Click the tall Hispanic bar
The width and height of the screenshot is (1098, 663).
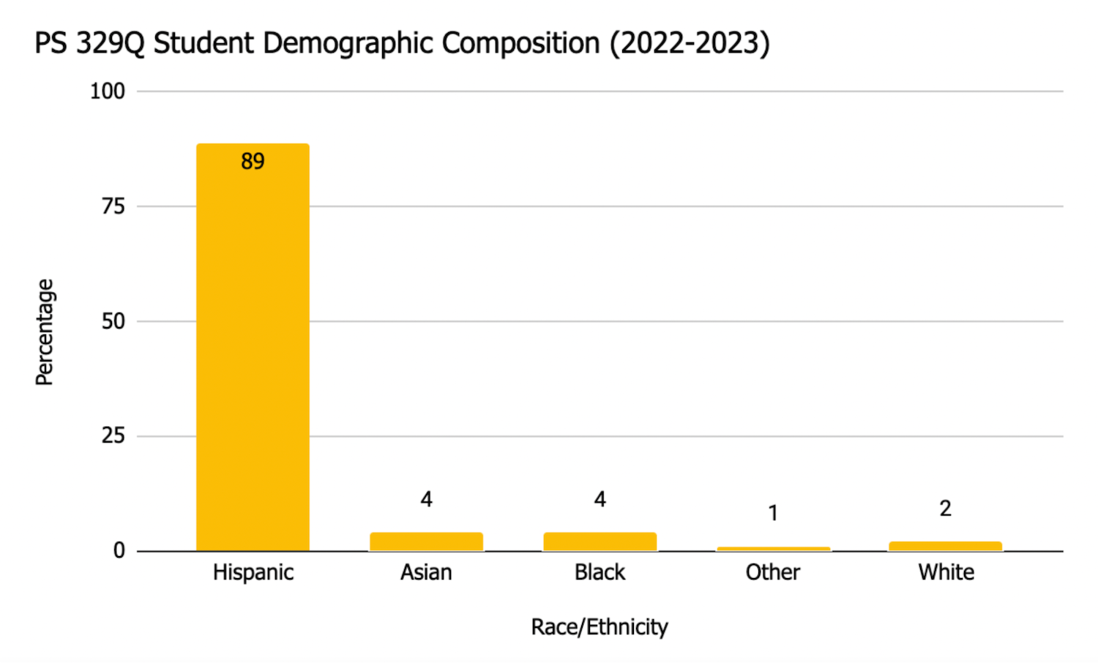pyautogui.click(x=253, y=351)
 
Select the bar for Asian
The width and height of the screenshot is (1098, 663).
pyautogui.click(x=426, y=542)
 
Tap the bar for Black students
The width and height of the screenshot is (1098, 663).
pyautogui.click(x=600, y=542)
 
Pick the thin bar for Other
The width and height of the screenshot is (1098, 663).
pyautogui.click(x=773, y=549)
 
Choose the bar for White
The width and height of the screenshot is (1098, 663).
pyautogui.click(x=945, y=546)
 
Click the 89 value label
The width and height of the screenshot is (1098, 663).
pyautogui.click(x=253, y=162)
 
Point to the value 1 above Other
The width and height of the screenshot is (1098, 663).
pyautogui.click(x=773, y=514)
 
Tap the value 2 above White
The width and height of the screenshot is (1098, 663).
pyautogui.click(x=945, y=509)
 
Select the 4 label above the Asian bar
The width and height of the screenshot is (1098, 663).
pyautogui.click(x=426, y=500)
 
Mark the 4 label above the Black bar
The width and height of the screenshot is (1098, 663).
pyautogui.click(x=600, y=500)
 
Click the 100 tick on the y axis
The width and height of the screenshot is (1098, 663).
pyautogui.click(x=107, y=91)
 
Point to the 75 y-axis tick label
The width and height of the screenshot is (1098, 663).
pyautogui.click(x=113, y=206)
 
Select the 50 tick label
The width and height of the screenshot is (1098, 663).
pyautogui.click(x=113, y=321)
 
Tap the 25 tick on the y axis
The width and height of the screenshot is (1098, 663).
pyautogui.click(x=113, y=436)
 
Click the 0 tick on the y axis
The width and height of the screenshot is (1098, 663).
pyautogui.click(x=119, y=551)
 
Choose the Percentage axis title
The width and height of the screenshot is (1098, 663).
pyautogui.click(x=45, y=331)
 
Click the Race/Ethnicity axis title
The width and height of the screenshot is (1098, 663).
pyautogui.click(x=600, y=627)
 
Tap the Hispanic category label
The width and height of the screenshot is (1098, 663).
pyautogui.click(x=253, y=572)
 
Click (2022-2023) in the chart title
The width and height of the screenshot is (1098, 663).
pyautogui.click(x=690, y=44)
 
